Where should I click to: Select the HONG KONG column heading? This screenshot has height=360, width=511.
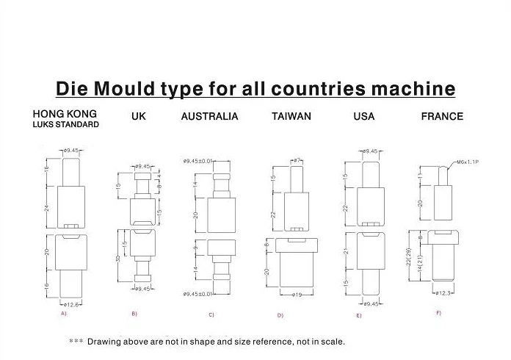click(65, 114)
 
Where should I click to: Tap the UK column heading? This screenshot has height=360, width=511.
click(138, 116)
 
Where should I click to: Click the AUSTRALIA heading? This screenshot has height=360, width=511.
click(209, 116)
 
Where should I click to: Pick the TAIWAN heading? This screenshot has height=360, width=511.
click(291, 116)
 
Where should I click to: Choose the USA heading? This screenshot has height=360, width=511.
click(363, 116)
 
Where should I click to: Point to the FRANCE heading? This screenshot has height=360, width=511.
click(442, 116)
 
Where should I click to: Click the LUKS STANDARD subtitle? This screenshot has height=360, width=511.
click(65, 125)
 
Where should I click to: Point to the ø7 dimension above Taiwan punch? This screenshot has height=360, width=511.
click(297, 159)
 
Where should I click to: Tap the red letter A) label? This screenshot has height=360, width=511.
click(64, 314)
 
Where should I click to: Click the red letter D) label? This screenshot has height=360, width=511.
click(280, 315)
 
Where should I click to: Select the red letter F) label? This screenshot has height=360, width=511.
click(438, 314)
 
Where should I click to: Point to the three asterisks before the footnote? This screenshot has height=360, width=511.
click(76, 342)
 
